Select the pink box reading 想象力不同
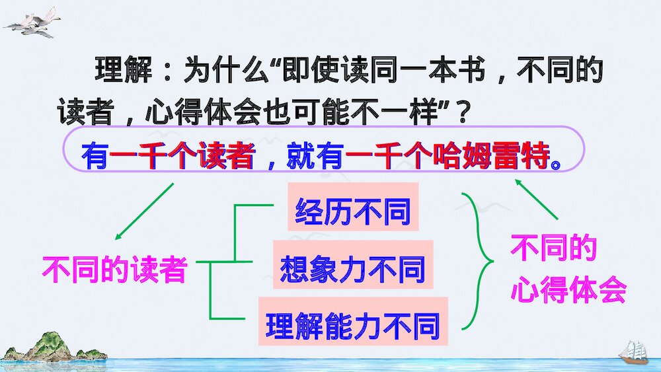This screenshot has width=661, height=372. coord(352,269)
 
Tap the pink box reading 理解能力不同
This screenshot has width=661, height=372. coord(352,325)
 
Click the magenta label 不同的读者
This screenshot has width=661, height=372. coord(114,270)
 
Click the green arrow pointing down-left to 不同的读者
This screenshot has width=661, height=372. coord(143,211)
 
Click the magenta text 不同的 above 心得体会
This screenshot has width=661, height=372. coord(554,249)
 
